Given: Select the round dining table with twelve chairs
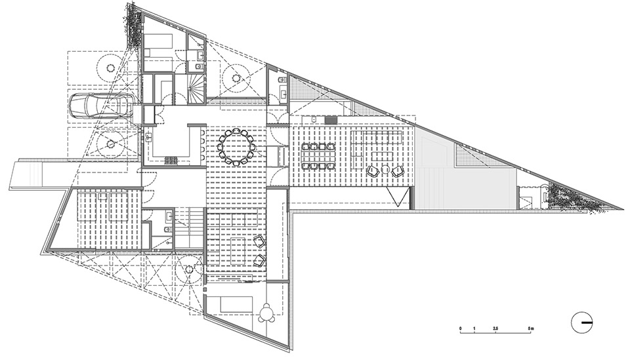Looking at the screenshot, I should pyautogui.click(x=236, y=148).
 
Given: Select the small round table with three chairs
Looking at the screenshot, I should pyautogui.click(x=267, y=314).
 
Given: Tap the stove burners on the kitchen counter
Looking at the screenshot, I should pyautogui.click(x=171, y=159).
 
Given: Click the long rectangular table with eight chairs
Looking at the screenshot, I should pyautogui.click(x=318, y=155).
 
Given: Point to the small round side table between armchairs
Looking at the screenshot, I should pyautogui.click(x=386, y=171).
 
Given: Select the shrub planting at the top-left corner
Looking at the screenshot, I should pyautogui.click(x=133, y=26).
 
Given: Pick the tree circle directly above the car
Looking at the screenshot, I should pyautogui.click(x=109, y=65).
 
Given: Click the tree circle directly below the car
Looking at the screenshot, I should pyautogui.click(x=109, y=142).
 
